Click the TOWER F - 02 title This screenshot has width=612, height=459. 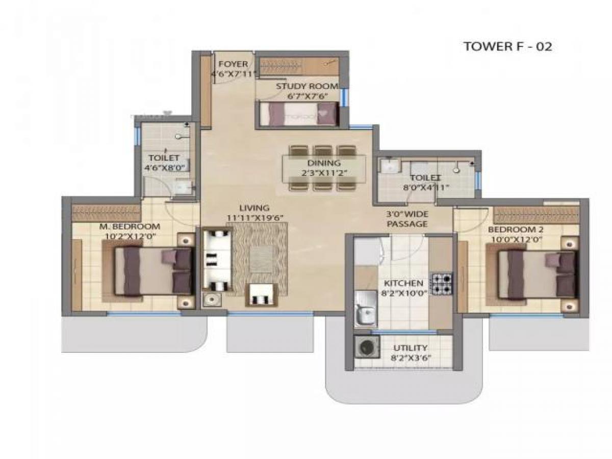click(507, 46)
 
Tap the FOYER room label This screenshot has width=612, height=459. click(233, 64)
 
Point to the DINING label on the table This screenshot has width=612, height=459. click(324, 163)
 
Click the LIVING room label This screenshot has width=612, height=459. click(254, 208)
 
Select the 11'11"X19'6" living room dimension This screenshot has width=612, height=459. click(255, 218)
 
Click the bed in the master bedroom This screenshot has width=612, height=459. click(153, 270)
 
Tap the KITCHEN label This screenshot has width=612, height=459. click(403, 283)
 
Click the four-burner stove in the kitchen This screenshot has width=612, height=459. click(442, 284)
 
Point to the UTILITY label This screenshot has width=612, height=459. click(411, 348)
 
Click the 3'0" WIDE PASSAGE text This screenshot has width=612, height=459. click(407, 219)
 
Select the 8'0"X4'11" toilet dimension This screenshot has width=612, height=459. click(426, 187)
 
